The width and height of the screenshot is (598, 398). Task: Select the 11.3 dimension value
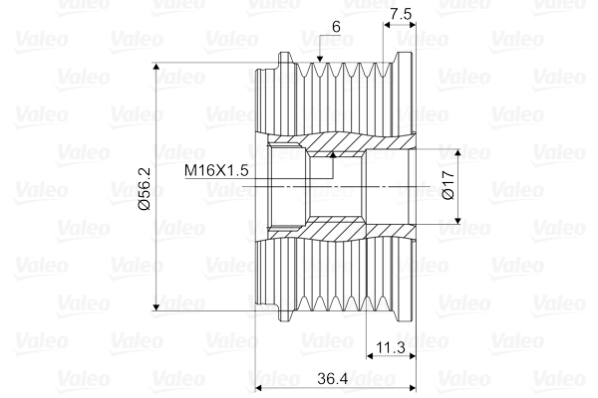coord(389,348)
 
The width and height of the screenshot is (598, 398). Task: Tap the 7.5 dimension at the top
coord(400,15)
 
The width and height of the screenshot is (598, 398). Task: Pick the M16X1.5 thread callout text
coord(215,170)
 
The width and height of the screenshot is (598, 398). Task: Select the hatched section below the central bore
coord(339,231)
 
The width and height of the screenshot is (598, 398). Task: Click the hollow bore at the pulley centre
coord(344,186)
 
